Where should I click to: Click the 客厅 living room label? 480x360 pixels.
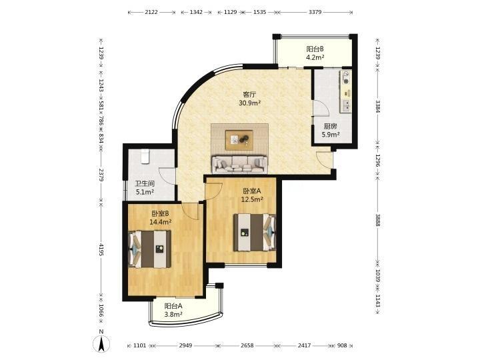click(249, 94)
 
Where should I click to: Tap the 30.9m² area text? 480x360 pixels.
click(249, 103)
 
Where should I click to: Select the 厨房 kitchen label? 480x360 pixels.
click(330, 126)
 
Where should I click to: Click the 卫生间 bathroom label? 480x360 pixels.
click(145, 184)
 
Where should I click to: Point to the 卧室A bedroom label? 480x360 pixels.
click(252, 191)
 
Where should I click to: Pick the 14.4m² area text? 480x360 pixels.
click(160, 221)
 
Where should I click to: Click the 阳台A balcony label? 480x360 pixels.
click(173, 306)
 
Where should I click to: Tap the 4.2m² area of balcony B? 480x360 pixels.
click(315, 57)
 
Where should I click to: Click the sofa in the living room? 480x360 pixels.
click(239, 164)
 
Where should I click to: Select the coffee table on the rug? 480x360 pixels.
click(239, 140)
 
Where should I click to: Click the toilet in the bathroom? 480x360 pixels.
click(145, 156)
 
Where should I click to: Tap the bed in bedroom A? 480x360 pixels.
click(255, 233)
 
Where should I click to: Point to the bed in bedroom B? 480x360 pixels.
click(150, 249)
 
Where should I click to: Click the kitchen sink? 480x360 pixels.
click(347, 105)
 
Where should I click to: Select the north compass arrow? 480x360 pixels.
click(101, 343)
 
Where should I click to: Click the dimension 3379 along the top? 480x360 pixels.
click(315, 12)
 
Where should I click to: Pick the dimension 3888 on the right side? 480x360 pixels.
click(378, 220)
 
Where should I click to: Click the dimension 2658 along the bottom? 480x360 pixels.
click(247, 345)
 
